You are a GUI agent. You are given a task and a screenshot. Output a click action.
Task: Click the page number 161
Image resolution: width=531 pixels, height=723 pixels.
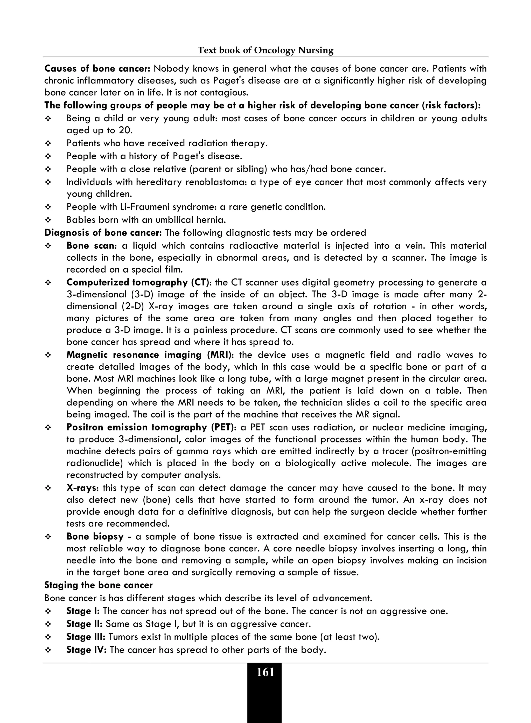point(265,672)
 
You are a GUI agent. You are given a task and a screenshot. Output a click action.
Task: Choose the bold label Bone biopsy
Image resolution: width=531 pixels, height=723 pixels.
point(95,537)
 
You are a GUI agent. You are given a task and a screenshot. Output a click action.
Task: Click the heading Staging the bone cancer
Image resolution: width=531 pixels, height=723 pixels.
point(98,585)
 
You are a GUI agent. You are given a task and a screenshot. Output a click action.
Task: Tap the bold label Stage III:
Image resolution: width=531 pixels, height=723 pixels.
point(86,637)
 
